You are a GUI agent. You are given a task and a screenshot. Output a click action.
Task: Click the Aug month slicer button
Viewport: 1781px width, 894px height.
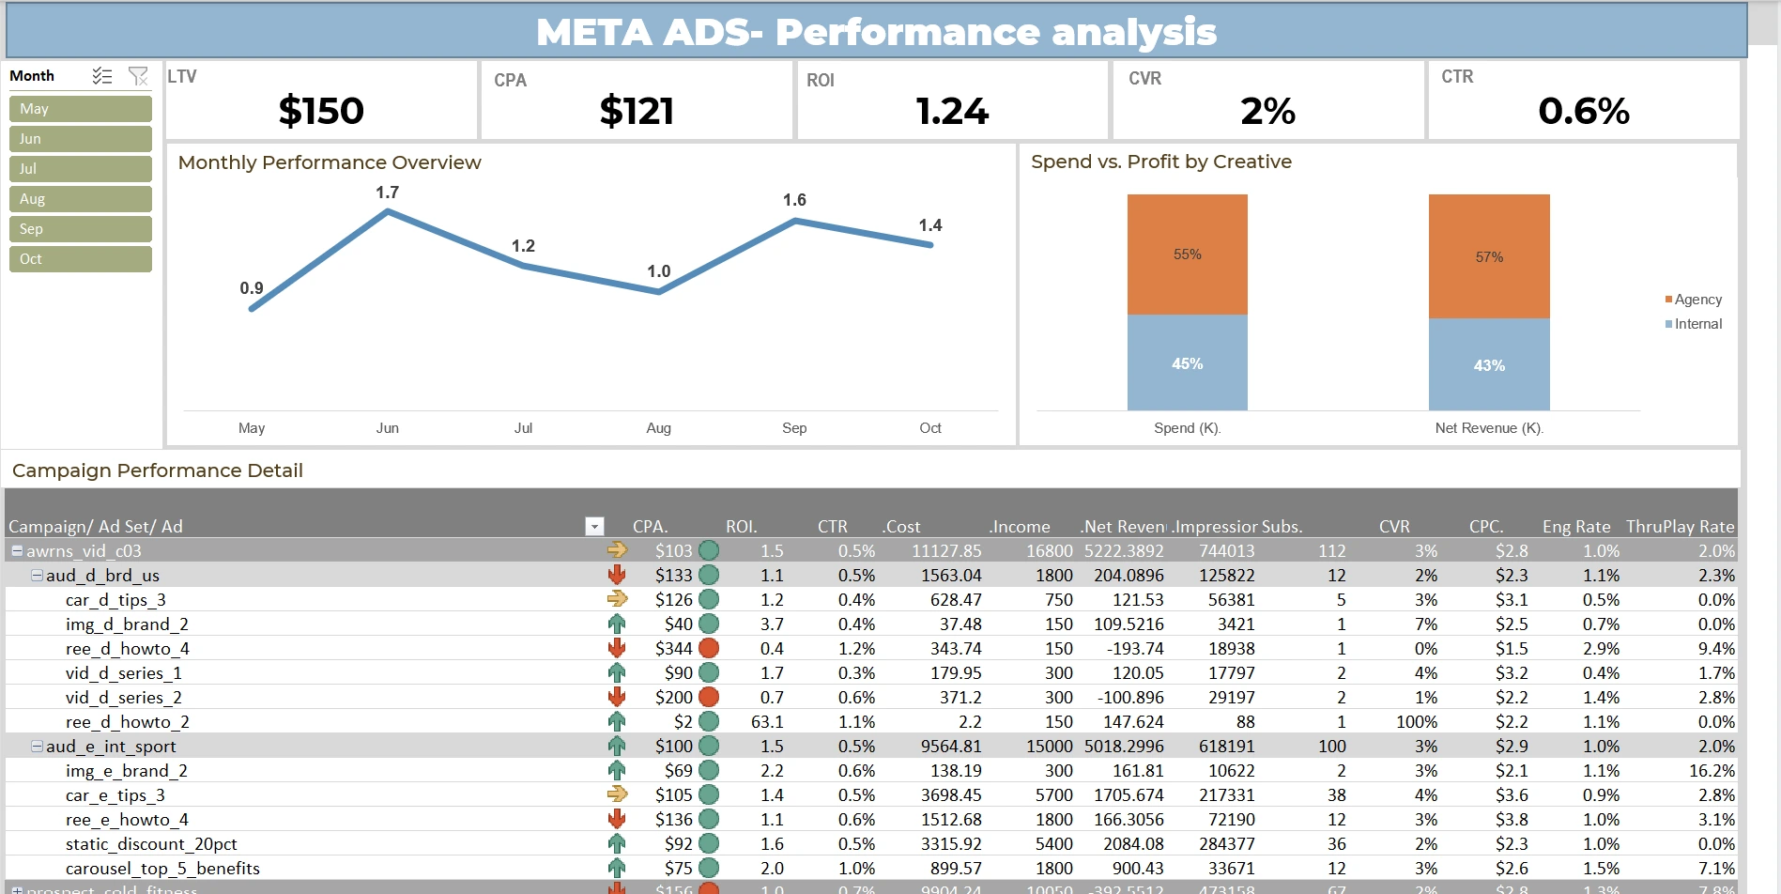(x=80, y=199)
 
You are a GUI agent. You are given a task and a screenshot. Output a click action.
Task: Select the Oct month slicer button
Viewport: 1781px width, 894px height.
(x=80, y=259)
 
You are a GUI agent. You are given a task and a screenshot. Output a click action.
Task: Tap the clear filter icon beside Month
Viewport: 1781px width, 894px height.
(x=138, y=76)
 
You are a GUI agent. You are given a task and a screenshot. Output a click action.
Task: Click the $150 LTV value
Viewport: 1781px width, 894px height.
(x=321, y=111)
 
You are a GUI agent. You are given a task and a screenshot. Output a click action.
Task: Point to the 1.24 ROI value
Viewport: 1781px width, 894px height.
(x=952, y=111)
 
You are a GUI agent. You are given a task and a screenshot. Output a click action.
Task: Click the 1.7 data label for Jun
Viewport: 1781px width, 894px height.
(x=387, y=193)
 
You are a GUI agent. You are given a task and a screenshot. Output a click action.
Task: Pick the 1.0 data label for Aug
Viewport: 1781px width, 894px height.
(x=658, y=271)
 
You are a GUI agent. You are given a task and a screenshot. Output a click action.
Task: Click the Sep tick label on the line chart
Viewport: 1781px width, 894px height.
(x=794, y=428)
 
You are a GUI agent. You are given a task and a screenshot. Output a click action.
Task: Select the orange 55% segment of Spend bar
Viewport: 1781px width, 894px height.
(x=1187, y=254)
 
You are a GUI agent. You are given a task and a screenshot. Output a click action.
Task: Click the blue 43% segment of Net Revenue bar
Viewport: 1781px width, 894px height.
(x=1488, y=364)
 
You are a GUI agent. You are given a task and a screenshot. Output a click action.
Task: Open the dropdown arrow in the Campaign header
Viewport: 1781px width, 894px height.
(x=594, y=526)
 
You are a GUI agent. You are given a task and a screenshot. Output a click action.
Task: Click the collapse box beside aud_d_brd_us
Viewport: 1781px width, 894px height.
(x=37, y=575)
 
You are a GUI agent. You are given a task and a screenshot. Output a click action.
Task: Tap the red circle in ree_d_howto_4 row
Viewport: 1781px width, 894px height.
(x=709, y=648)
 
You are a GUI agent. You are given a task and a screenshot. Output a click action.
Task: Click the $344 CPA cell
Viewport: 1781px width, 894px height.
(x=673, y=648)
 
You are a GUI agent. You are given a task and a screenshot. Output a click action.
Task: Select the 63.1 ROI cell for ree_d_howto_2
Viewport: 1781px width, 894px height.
(x=767, y=721)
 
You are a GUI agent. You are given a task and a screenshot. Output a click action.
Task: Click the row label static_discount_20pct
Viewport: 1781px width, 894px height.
(x=151, y=843)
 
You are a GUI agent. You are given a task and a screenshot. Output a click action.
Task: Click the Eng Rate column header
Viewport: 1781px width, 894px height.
(x=1575, y=526)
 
